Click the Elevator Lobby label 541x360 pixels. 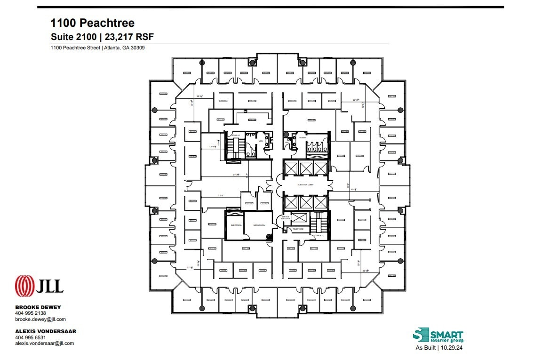click(x=305, y=185)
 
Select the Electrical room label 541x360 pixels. click(x=236, y=225)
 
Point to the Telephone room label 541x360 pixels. click(x=298, y=229)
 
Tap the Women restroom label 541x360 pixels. click(x=302, y=138)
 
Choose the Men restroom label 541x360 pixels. click(x=261, y=141)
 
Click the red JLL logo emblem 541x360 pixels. click(x=24, y=286)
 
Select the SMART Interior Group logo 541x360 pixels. click(x=438, y=336)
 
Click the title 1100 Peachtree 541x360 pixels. click(x=93, y=23)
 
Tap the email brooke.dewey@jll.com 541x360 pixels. click(x=40, y=319)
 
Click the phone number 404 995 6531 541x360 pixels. click(x=31, y=337)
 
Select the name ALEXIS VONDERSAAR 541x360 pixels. click(x=46, y=331)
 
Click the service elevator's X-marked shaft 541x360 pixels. click(x=298, y=218)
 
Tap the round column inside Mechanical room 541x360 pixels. click(x=269, y=237)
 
